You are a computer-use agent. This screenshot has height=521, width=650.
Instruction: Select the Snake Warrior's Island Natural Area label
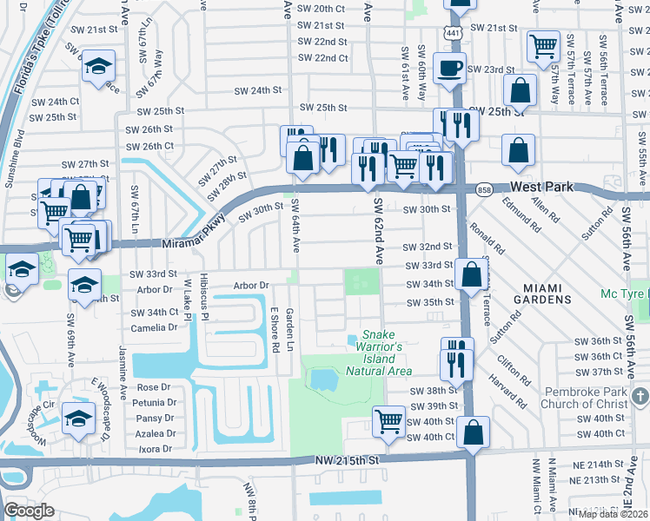[378, 353]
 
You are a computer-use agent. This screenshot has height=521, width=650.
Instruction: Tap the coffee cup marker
[449, 69]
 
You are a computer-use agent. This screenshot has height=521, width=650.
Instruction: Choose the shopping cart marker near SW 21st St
[543, 44]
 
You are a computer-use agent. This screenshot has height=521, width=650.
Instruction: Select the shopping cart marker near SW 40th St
[388, 422]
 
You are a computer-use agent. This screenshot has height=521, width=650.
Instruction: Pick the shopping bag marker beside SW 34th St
[471, 275]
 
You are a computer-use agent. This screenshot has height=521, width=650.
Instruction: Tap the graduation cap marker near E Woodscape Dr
[78, 419]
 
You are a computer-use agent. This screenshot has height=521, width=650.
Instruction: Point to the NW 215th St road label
[348, 458]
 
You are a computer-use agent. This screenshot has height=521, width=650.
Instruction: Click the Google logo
[30, 511]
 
